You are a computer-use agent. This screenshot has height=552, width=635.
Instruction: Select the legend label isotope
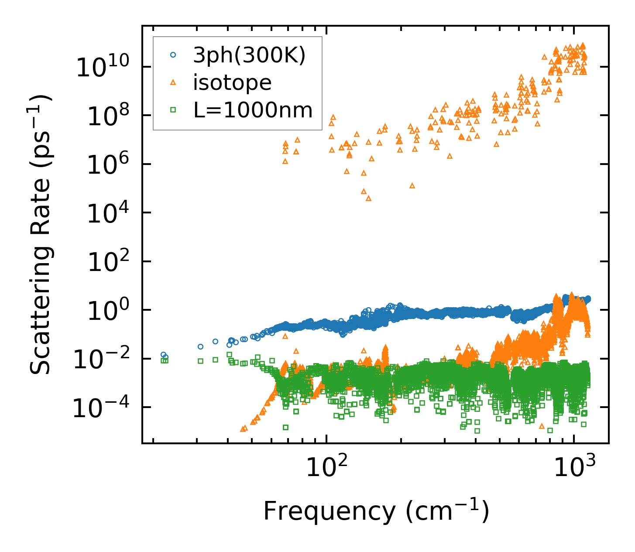(232, 83)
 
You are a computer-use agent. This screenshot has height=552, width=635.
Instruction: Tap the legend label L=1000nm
(253, 110)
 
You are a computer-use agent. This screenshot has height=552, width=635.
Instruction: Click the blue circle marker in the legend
(173, 55)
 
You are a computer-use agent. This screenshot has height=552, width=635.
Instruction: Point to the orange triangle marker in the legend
(173, 83)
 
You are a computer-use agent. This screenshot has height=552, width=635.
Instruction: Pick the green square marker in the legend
(173, 110)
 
